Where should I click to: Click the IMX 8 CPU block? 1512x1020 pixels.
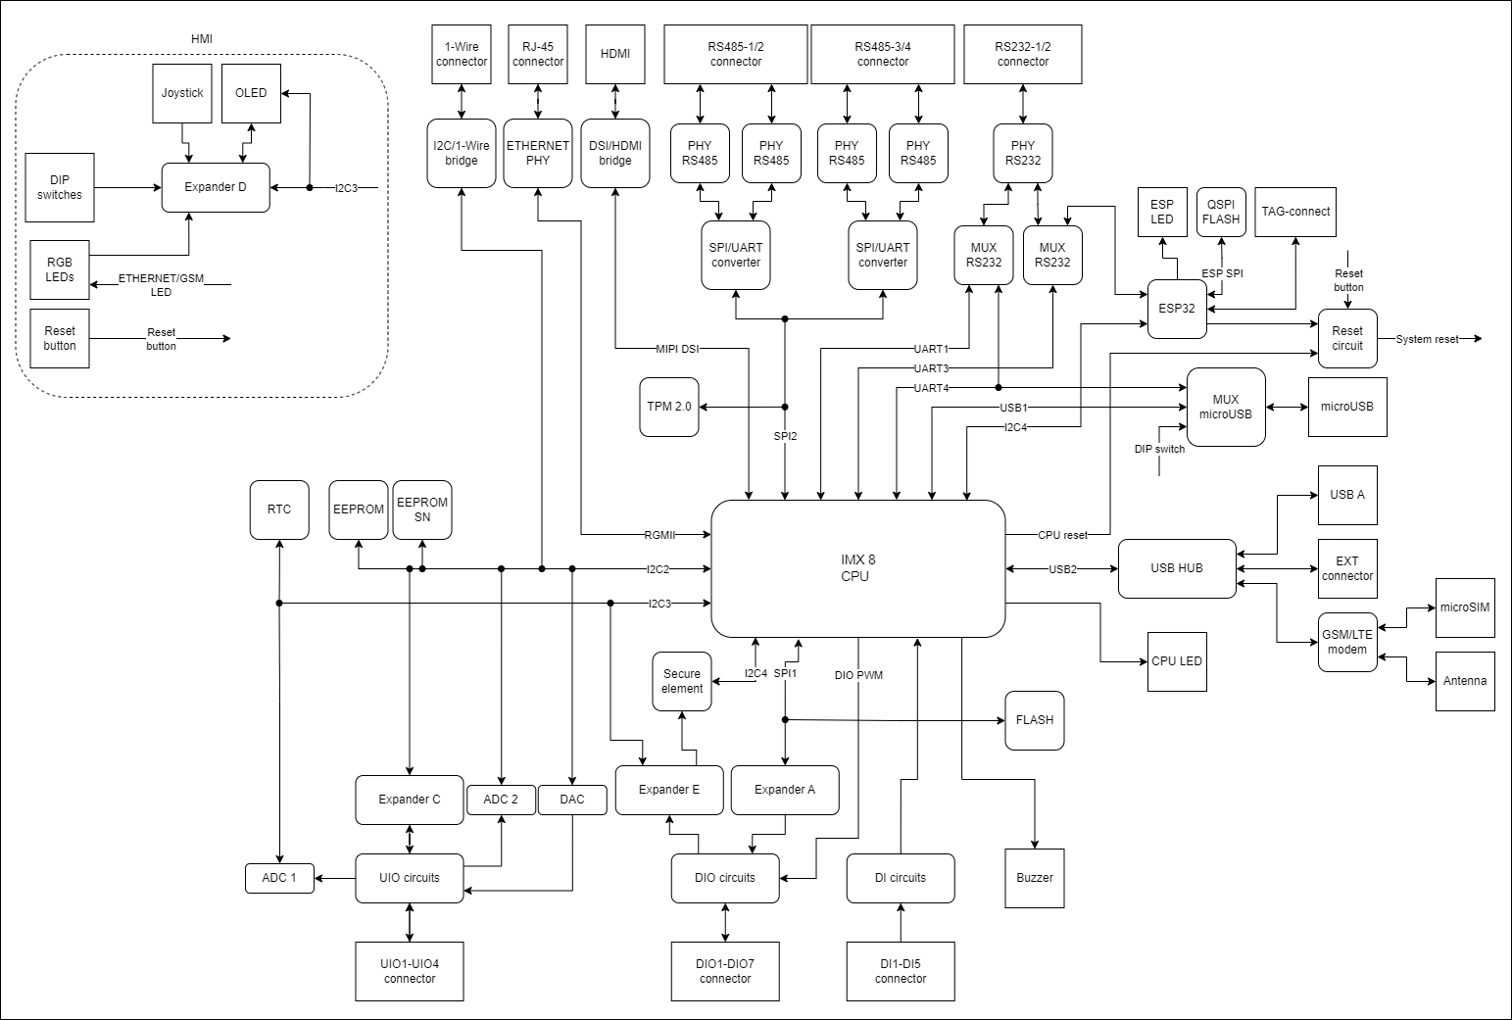tap(857, 568)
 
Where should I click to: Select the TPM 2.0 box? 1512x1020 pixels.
tap(669, 407)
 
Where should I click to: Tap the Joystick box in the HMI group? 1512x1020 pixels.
tap(182, 93)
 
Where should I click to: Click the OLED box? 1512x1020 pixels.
tap(251, 93)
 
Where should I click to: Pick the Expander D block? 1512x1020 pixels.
tap(216, 187)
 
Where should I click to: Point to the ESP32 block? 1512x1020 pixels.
tap(1177, 309)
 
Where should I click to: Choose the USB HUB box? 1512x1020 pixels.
tap(1177, 568)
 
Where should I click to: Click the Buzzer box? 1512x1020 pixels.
tap(1035, 877)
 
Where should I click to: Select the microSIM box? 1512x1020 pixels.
tap(1465, 607)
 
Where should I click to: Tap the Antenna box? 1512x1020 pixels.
tap(1465, 681)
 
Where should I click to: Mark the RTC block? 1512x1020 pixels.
tap(279, 510)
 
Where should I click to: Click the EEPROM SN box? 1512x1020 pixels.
tap(422, 510)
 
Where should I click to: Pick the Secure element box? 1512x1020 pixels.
tap(682, 681)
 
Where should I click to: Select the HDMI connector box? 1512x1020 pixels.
tap(615, 54)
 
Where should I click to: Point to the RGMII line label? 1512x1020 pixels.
tap(659, 535)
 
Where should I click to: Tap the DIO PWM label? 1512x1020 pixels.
tap(858, 675)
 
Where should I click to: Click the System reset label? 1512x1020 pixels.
tap(1427, 339)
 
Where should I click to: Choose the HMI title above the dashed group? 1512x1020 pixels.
tap(201, 39)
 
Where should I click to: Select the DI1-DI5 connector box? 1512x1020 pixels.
tap(901, 971)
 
